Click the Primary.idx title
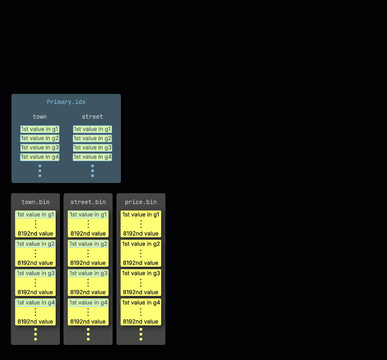[66, 102]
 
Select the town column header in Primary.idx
[40, 117]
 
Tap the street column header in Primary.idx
[92, 117]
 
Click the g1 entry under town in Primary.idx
[40, 129]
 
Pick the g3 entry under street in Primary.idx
[93, 148]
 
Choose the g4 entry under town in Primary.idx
[40, 157]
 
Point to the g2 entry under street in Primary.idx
[93, 138]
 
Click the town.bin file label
[35, 202]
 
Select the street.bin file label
[88, 202]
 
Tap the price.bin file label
[141, 202]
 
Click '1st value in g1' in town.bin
[36, 215]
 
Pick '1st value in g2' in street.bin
[88, 244]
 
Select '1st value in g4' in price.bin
[141, 303]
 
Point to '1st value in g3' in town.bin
[36, 274]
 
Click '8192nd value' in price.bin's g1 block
[141, 233]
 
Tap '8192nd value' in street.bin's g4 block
[88, 322]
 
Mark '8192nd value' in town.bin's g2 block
[35, 263]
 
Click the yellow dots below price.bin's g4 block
[141, 334]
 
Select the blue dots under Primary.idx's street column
[93, 171]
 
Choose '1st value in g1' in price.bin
[141, 215]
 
